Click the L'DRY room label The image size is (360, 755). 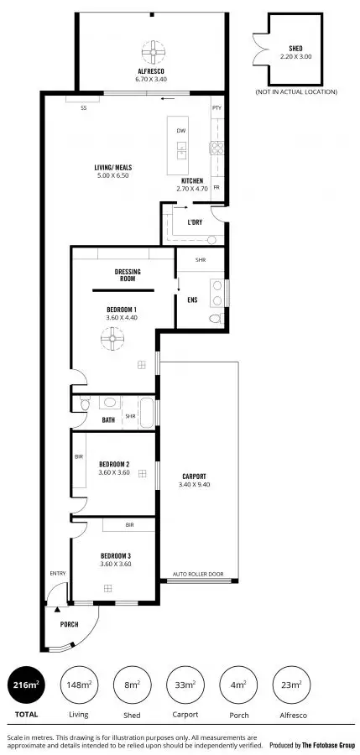(195, 223)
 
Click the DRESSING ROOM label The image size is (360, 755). (128, 276)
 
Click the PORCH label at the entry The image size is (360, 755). (69, 626)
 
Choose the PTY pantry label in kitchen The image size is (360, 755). (217, 108)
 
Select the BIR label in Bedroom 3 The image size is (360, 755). (129, 525)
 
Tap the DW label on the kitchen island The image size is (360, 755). (180, 132)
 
